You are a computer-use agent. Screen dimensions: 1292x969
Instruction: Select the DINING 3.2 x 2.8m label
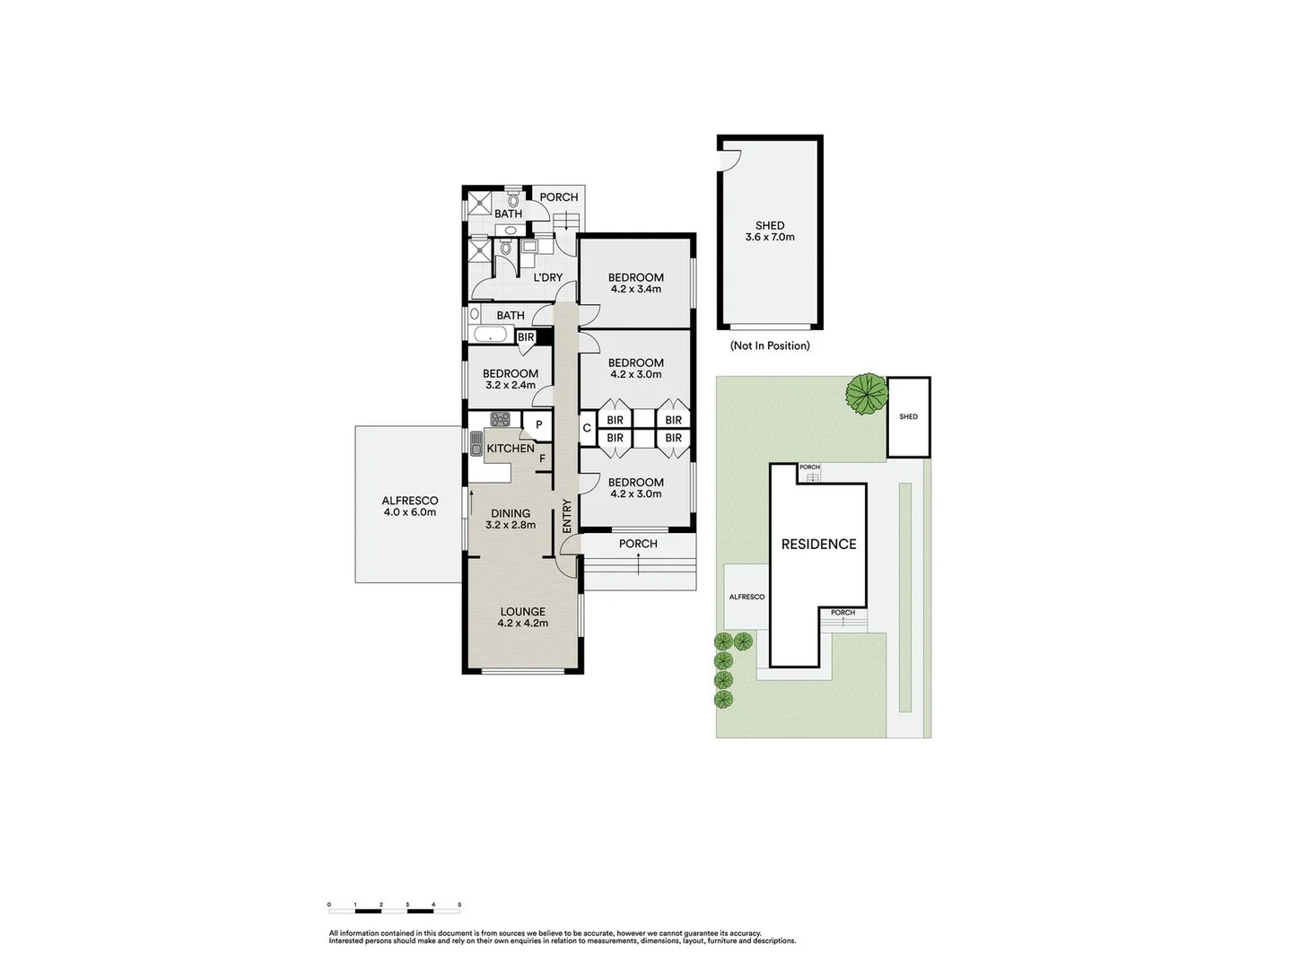tap(511, 519)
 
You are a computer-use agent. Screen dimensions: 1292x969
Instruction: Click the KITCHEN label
tap(511, 449)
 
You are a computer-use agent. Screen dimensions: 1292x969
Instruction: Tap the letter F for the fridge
tap(542, 458)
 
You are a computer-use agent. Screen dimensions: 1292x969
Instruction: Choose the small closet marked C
tap(586, 428)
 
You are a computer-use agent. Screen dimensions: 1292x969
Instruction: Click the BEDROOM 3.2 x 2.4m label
tap(511, 380)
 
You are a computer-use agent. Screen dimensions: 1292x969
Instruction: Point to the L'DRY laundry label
tap(547, 278)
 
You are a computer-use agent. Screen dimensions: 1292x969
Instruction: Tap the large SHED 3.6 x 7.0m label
tap(770, 231)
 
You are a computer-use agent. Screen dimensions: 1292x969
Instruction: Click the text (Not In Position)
tap(770, 346)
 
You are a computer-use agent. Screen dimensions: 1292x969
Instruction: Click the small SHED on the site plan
tap(908, 416)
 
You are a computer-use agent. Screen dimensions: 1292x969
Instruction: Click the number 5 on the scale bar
tap(459, 905)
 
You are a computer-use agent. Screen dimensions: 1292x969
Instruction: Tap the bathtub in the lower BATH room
tap(490, 335)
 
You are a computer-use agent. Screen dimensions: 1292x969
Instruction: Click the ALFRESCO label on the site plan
tap(746, 597)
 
